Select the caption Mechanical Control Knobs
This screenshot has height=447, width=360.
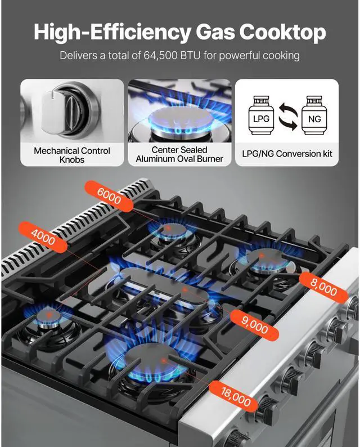[72, 155]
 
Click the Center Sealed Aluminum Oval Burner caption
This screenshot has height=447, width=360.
[179, 154]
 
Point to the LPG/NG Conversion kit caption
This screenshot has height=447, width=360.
[287, 154]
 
